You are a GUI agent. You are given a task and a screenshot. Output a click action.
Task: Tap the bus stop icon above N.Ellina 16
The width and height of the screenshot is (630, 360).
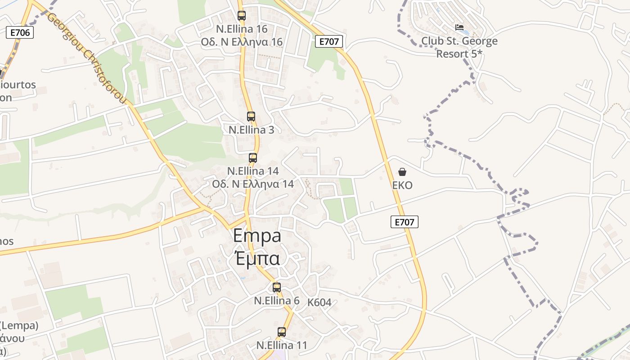point(242,16)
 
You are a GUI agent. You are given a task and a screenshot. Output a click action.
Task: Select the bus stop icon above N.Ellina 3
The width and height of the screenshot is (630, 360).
point(251,117)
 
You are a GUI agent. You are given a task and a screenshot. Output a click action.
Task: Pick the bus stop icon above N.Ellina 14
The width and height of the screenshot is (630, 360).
point(253,158)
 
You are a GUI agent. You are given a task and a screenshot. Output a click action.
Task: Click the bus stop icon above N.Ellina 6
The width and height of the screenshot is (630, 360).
point(277,287)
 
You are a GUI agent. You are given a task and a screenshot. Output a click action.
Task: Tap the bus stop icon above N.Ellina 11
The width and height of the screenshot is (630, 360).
point(282,332)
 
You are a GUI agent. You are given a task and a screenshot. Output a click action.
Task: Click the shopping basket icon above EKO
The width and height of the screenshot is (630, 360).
point(402,172)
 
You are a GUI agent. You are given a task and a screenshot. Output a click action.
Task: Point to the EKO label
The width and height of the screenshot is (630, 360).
point(402,185)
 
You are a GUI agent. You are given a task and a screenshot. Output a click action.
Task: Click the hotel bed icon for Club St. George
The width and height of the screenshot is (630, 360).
point(459,27)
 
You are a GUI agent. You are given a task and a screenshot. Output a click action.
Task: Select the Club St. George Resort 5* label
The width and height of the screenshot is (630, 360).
point(459,47)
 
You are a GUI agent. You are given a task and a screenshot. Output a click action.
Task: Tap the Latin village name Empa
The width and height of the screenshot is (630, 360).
point(257,236)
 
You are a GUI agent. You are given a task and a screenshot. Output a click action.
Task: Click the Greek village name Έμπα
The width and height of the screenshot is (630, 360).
point(257,258)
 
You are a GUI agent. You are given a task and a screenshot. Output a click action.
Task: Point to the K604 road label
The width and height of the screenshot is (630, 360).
point(319,302)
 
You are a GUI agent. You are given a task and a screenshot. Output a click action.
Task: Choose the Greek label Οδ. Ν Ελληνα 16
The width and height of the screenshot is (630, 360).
point(242,42)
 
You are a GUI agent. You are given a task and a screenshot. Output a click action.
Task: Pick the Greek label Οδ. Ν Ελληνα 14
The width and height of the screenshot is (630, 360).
point(253,184)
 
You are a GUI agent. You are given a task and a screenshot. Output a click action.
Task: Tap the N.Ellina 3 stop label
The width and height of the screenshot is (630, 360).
point(251,130)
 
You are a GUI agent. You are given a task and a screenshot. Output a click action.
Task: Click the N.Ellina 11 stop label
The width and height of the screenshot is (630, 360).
point(282,346)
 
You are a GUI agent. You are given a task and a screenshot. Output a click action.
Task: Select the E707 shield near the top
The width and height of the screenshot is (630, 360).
point(329,42)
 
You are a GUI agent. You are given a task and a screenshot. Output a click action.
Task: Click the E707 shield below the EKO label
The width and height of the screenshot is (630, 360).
point(404,221)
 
